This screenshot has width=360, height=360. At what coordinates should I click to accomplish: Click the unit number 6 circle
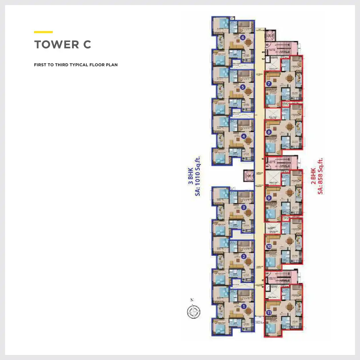243,37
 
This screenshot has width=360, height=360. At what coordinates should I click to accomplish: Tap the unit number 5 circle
243,87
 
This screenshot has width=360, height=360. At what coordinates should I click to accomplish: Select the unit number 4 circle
244,136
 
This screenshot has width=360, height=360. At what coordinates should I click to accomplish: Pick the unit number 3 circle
244,207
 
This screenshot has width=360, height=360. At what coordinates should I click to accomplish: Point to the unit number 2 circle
244,256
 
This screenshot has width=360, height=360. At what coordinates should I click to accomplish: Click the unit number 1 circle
244,306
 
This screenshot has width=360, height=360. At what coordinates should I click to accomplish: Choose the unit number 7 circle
269,84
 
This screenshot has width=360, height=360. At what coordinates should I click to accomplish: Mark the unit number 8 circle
269,132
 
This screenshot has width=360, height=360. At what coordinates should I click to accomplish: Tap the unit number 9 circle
269,198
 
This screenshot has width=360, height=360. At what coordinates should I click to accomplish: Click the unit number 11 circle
269,313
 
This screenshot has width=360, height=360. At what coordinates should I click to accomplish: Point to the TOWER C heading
63,45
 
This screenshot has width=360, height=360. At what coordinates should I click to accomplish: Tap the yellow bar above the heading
43,32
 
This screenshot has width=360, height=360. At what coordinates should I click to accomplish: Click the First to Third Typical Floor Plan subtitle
76,65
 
